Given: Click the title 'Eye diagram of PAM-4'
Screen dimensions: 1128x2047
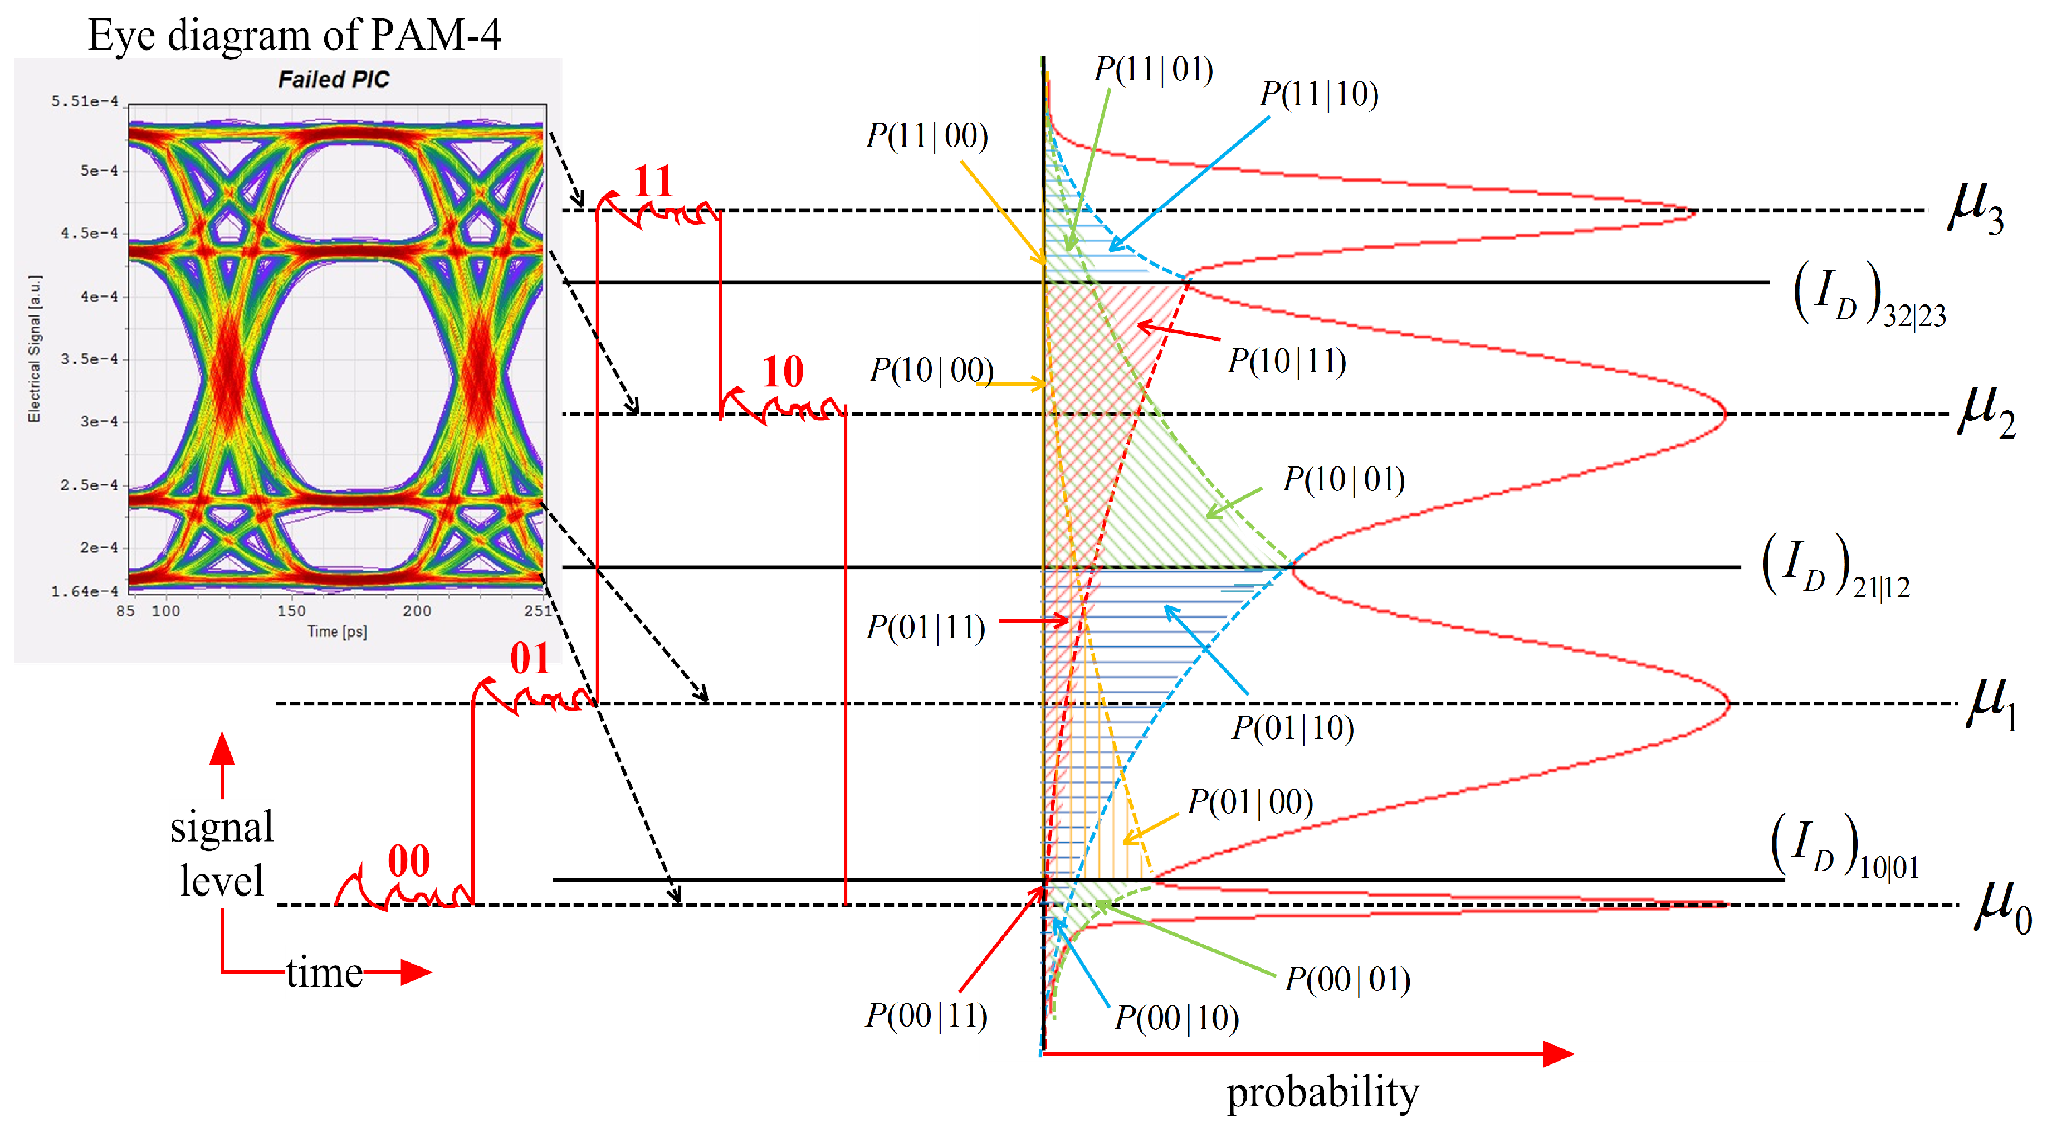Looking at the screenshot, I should point(294,35).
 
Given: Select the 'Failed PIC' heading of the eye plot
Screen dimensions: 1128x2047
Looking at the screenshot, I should point(334,80).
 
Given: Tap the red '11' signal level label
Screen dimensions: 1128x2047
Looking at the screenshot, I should point(653,181).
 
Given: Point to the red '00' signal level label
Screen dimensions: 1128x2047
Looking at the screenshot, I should point(408,860).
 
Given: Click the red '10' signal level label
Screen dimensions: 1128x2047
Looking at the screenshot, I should point(783,371).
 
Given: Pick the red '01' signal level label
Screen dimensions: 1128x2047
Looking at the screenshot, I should point(529,658).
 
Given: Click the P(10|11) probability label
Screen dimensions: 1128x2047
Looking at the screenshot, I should point(1287,362).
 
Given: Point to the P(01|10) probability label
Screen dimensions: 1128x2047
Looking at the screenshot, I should point(1292,727).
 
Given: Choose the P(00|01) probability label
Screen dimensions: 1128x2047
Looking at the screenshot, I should point(1348,979).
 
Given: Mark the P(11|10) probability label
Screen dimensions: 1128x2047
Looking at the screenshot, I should point(1318,95).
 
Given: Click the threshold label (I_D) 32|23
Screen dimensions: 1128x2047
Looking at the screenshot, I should point(1868,296).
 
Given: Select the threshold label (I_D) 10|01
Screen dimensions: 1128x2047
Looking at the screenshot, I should point(1844,847).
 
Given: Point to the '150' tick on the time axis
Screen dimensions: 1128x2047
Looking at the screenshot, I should point(291,610).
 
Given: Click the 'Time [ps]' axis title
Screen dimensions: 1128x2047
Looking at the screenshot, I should point(337,632).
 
